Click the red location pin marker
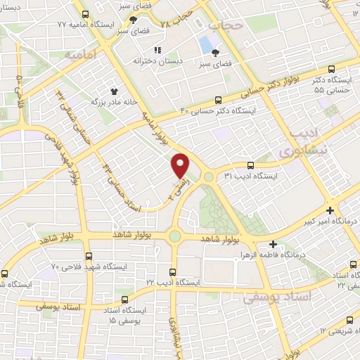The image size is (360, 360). point(181,165)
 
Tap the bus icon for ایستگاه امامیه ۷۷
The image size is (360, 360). point(85,14)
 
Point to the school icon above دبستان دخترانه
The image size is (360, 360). point(158,50)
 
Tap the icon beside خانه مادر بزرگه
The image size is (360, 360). point(113,91)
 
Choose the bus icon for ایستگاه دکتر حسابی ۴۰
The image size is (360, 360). point(219,100)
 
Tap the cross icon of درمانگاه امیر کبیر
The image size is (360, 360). point(330,210)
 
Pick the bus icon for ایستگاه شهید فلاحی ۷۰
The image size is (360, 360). point(88,257)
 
